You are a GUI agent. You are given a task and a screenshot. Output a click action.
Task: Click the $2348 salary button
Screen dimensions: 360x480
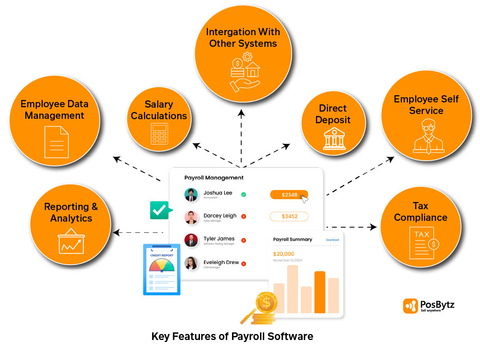click(289, 195)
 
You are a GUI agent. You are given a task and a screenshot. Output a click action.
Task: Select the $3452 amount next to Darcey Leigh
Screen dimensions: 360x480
click(289, 216)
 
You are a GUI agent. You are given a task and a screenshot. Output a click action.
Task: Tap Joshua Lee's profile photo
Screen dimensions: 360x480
click(191, 195)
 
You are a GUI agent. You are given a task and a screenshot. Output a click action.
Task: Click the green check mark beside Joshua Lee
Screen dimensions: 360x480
click(244, 195)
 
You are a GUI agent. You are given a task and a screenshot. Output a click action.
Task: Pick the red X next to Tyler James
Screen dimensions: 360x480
click(244, 240)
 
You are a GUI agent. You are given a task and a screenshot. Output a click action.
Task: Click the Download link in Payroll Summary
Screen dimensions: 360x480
click(332, 240)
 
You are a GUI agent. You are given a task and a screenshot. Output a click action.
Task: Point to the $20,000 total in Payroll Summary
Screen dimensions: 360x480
click(284, 254)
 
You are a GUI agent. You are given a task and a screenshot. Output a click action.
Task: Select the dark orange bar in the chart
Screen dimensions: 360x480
click(320, 292)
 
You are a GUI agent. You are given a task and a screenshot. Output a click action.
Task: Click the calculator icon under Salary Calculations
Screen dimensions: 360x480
click(159, 134)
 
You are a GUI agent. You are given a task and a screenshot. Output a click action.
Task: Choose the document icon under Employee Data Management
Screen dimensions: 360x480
click(56, 142)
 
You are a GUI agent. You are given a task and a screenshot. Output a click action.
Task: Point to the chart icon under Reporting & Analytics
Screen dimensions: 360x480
click(71, 241)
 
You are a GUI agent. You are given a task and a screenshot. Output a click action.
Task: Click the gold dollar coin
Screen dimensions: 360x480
click(267, 302)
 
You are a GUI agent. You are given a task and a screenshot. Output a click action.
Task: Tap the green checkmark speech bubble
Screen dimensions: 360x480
click(160, 210)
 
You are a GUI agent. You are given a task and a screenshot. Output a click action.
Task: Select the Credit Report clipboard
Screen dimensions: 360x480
click(162, 269)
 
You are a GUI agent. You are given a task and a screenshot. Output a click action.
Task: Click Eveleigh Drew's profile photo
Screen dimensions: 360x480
click(191, 263)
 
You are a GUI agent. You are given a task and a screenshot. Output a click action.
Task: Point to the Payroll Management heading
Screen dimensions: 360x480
click(214, 178)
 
